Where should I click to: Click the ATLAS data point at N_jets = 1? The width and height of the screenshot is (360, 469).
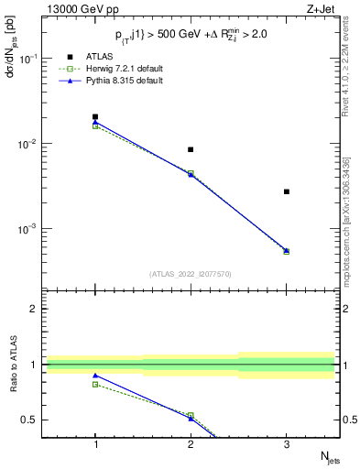pos(95,117)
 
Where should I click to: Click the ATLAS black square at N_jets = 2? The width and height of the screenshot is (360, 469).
pos(191,149)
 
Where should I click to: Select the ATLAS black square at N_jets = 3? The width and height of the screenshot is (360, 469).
pos(287,191)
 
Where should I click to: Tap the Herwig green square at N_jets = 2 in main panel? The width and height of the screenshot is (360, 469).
pos(191,173)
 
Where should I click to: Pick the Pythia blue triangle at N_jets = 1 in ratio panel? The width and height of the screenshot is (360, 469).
pos(95,376)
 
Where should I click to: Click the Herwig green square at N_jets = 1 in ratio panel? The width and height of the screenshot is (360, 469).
pos(95,384)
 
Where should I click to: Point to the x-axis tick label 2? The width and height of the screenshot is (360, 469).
pos(191,443)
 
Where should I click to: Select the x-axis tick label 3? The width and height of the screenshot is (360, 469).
pos(287,443)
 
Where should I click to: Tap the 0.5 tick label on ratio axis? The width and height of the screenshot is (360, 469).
pos(31,420)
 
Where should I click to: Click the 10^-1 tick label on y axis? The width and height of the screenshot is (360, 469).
pos(27,59)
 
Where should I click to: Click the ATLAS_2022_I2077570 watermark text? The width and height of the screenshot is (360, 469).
pos(191,274)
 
